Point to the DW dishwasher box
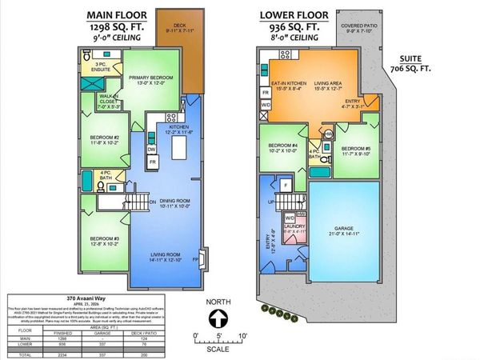point(151,149)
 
